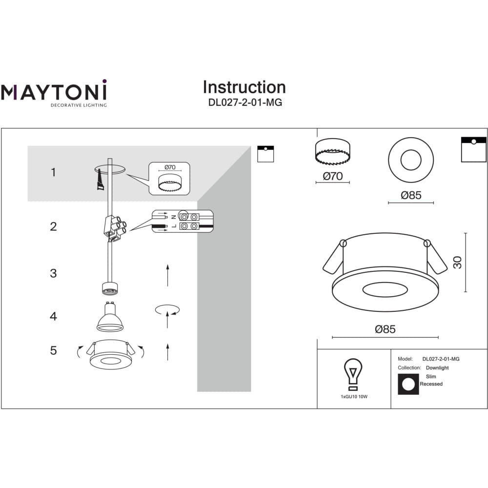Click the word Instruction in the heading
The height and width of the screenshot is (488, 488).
(244, 87)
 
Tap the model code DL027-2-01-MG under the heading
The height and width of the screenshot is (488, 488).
(245, 102)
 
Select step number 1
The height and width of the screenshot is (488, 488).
(54, 172)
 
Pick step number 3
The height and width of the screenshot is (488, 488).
(54, 273)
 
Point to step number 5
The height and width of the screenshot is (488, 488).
(54, 350)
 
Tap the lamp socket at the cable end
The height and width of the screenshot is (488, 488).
(110, 288)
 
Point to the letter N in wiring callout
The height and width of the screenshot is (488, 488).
(174, 217)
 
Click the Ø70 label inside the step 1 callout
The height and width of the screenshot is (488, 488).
(170, 167)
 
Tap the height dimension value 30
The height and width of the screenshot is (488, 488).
(457, 263)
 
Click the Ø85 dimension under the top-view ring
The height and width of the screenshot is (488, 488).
(411, 195)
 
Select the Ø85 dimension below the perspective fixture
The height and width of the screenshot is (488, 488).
(386, 329)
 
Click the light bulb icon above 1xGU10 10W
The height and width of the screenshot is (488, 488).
(353, 374)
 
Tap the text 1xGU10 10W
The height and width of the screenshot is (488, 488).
(354, 396)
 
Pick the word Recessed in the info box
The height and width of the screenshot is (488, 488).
(431, 384)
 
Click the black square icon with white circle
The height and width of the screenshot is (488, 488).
(408, 384)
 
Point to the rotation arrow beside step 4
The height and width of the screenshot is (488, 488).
(167, 310)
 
